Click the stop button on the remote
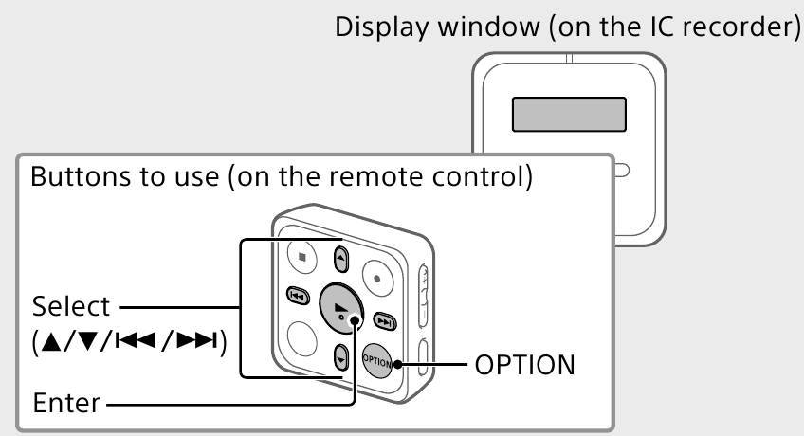pos(302,255)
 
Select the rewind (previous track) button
pos(297,297)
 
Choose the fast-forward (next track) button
pos(384,319)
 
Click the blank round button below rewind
pos(301,337)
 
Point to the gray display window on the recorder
pos(569,114)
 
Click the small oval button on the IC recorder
pos(621,172)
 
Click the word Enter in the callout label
pos(66,403)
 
